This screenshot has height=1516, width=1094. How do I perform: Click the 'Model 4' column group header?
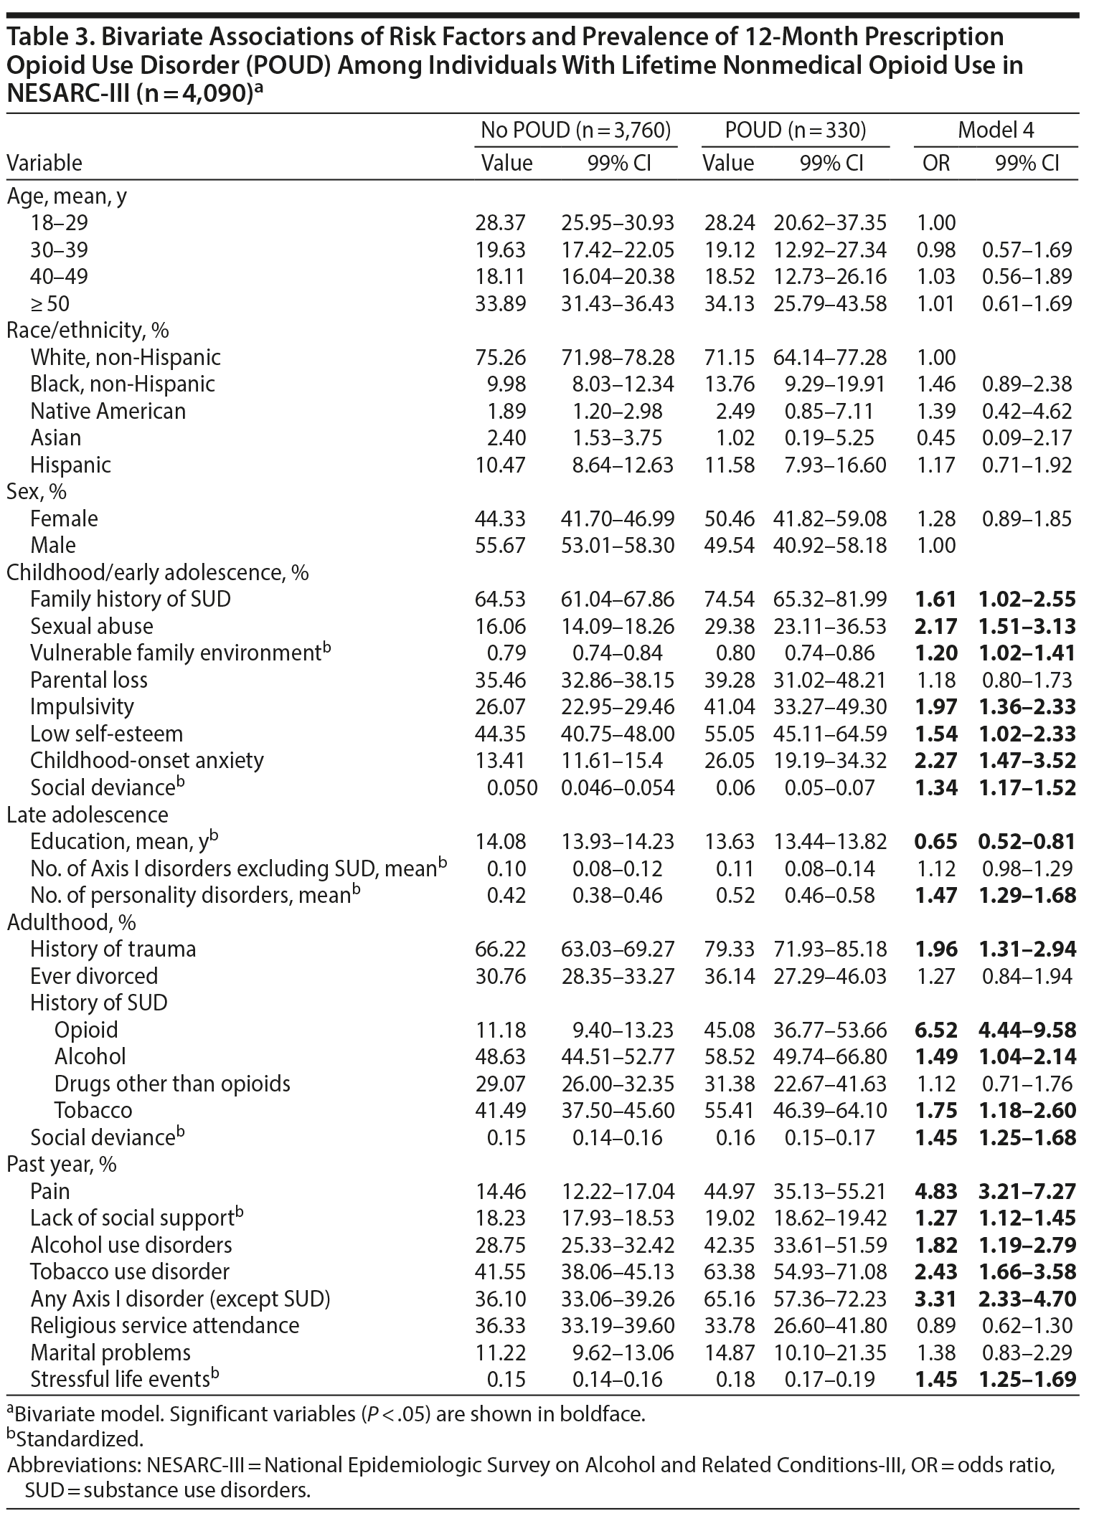tap(996, 130)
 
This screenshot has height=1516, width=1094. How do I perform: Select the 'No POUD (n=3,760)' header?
tap(575, 130)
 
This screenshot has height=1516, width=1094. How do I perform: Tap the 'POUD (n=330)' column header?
tap(795, 130)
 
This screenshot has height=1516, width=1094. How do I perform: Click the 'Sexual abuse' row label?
tap(91, 626)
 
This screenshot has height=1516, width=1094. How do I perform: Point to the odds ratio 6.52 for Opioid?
tap(937, 1030)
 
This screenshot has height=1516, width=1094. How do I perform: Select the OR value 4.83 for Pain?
tap(937, 1191)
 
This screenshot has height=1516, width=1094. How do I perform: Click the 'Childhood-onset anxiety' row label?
tap(146, 760)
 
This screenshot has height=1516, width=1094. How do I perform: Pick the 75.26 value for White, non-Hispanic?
tap(500, 357)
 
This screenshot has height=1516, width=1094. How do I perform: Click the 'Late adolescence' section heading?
tap(88, 815)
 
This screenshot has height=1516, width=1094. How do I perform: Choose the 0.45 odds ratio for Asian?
tap(937, 437)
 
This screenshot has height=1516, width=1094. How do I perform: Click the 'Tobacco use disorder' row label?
tap(129, 1271)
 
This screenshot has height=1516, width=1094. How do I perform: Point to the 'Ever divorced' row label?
tap(93, 976)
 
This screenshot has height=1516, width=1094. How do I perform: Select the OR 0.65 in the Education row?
tap(937, 841)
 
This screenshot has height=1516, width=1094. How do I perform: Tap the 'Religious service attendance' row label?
tap(164, 1325)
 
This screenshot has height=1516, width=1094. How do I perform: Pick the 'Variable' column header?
tap(44, 163)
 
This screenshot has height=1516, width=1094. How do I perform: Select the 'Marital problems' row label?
tap(110, 1352)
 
